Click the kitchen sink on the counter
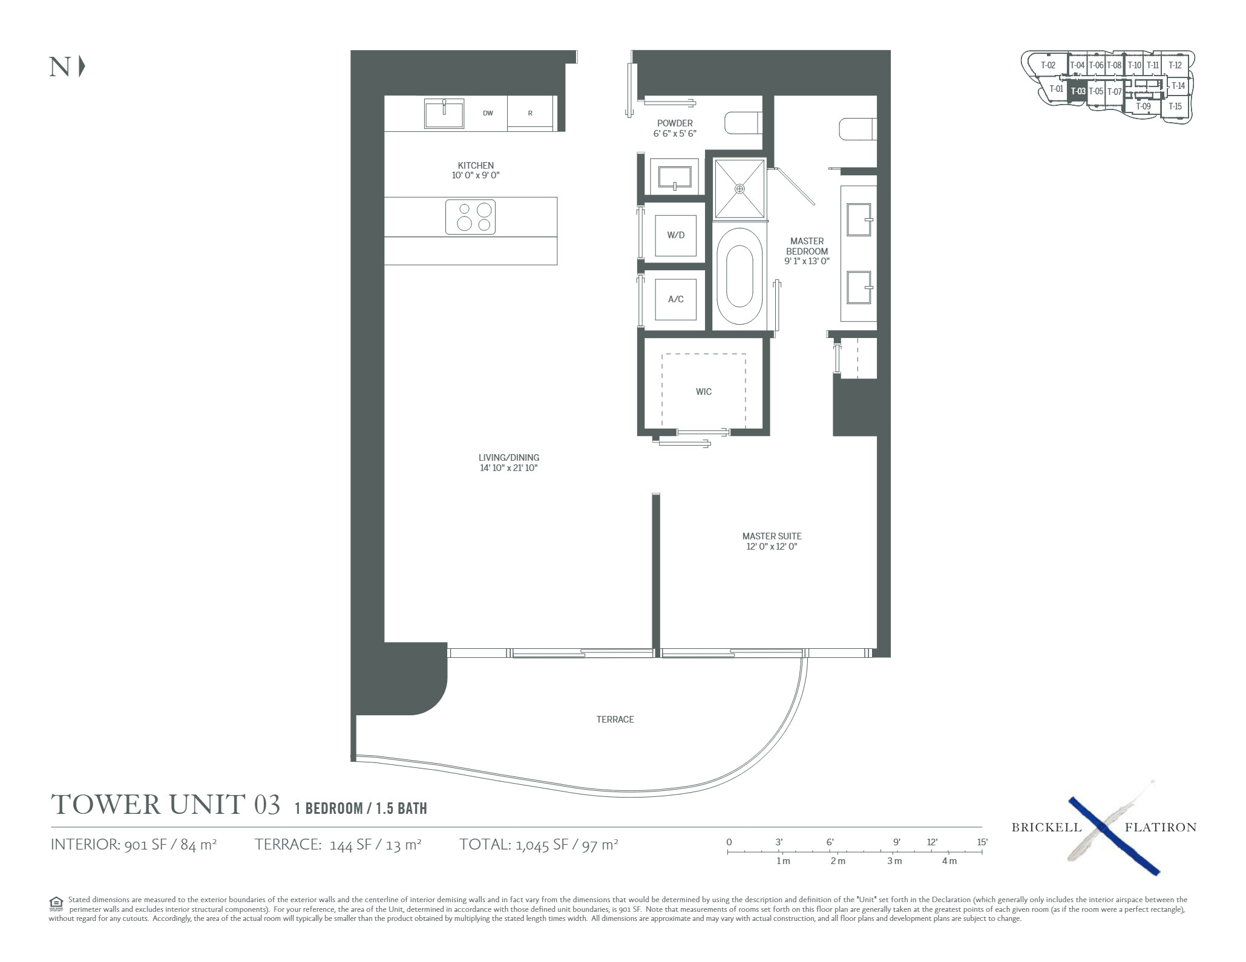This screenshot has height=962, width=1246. click(444, 114)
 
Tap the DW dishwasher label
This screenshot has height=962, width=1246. click(488, 113)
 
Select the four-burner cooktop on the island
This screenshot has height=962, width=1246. click(470, 217)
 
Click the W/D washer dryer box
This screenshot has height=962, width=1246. click(676, 235)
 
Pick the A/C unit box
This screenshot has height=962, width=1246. click(676, 299)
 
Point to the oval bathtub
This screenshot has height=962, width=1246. click(739, 276)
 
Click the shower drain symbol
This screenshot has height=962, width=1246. click(739, 189)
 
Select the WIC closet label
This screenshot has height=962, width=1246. click(704, 392)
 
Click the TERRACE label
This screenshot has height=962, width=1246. click(615, 720)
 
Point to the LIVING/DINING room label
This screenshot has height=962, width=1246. click(509, 458)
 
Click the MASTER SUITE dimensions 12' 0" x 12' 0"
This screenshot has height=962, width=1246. click(772, 547)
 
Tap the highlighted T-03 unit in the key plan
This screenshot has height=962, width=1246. click(1077, 91)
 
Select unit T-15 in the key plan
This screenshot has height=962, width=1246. click(1175, 106)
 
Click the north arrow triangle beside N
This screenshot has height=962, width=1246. click(82, 67)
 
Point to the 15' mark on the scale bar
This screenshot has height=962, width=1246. click(982, 851)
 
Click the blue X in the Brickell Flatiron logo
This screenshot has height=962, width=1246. click(1113, 836)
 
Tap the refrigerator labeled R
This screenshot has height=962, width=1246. click(530, 113)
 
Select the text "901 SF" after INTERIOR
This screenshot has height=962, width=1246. click(145, 844)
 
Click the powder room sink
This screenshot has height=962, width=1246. click(674, 176)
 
